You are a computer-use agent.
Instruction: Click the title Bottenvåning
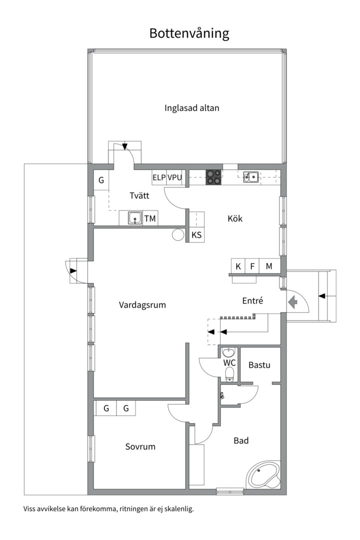pyautogui.click(x=189, y=33)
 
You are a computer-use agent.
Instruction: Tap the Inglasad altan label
pyautogui.click(x=192, y=107)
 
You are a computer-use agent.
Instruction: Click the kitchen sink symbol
pyautogui.click(x=250, y=176)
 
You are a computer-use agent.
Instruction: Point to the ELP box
pyautogui.click(x=159, y=177)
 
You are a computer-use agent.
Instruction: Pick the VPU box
pyautogui.click(x=174, y=177)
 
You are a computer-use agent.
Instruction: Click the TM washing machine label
pyautogui.click(x=149, y=218)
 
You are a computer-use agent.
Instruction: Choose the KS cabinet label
pyautogui.click(x=196, y=235)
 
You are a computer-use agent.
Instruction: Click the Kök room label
pyautogui.click(x=234, y=218)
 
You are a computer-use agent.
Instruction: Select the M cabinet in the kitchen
pyautogui.click(x=269, y=266)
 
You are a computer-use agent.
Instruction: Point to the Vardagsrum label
pyautogui.click(x=142, y=304)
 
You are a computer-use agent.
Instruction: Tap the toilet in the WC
pyautogui.click(x=229, y=373)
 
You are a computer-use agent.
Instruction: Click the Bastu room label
pyautogui.click(x=259, y=365)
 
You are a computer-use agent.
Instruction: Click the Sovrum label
pyautogui.click(x=140, y=446)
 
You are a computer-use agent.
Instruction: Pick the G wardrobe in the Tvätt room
pyautogui.click(x=101, y=180)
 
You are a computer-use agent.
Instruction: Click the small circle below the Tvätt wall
pyautogui.click(x=177, y=235)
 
